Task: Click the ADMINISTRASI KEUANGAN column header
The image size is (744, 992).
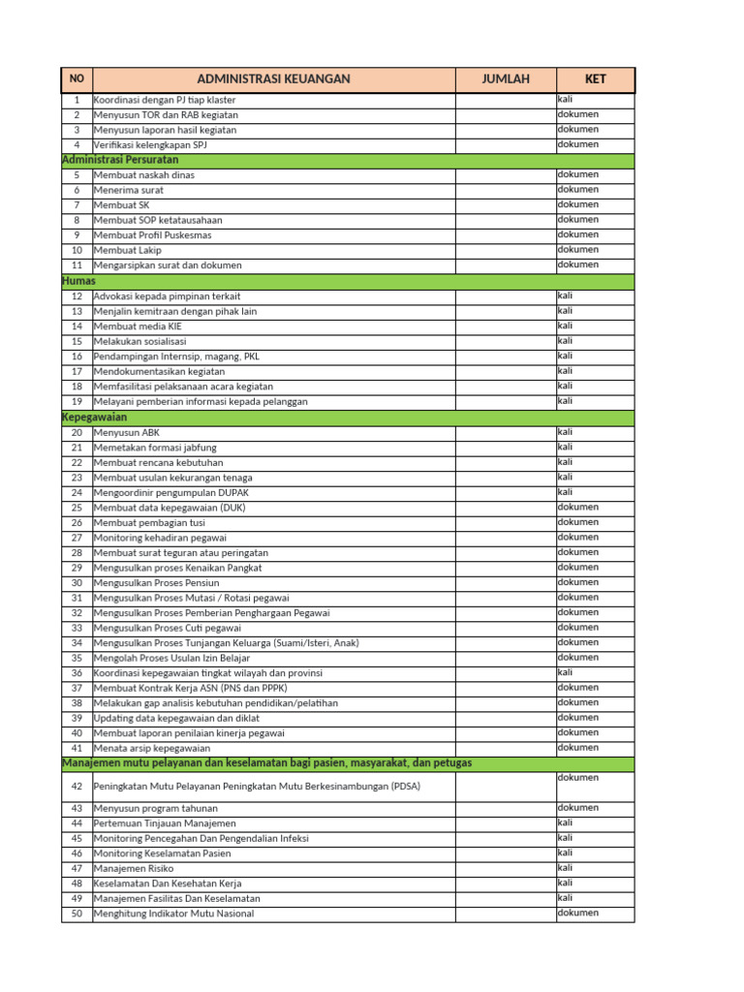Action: tap(273, 79)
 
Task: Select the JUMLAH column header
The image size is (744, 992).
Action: tap(506, 79)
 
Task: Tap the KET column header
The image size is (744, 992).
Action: tap(596, 79)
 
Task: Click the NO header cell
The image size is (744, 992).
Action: tap(77, 79)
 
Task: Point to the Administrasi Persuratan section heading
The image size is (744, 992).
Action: tap(120, 160)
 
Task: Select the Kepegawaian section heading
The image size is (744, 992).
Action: tap(94, 417)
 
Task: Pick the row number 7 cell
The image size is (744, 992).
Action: tap(77, 205)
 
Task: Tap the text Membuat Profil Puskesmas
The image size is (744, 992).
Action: tap(152, 235)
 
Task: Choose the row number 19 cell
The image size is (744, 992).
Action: tap(77, 401)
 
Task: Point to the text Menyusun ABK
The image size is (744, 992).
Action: tap(128, 432)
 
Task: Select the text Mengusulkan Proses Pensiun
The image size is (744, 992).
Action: tap(156, 583)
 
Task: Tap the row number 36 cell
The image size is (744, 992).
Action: tap(77, 673)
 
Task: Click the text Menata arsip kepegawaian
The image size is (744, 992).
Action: tap(151, 748)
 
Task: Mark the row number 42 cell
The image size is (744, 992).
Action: tap(77, 787)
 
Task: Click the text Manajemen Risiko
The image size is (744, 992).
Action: tap(134, 869)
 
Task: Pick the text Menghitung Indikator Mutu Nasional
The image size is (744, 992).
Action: tap(173, 914)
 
